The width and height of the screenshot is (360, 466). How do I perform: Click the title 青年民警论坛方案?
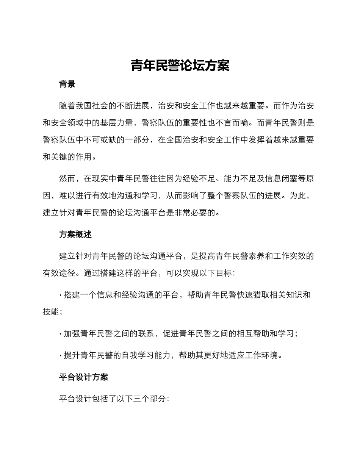[180, 66]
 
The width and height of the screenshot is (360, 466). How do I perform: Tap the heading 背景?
[67, 84]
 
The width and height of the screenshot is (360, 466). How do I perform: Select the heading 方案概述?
[75, 235]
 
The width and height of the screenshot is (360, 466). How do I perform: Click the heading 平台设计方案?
[84, 377]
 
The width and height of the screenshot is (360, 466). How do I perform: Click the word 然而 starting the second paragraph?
[67, 178]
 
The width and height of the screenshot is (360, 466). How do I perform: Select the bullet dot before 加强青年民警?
[61, 334]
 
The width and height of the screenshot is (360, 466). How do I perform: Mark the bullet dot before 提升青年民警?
[61, 355]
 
